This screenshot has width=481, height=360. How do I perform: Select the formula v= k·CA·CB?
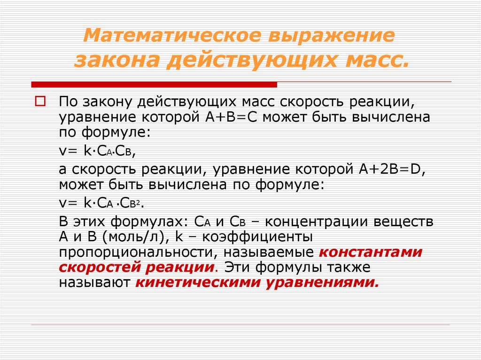pyautogui.click(x=98, y=151)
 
